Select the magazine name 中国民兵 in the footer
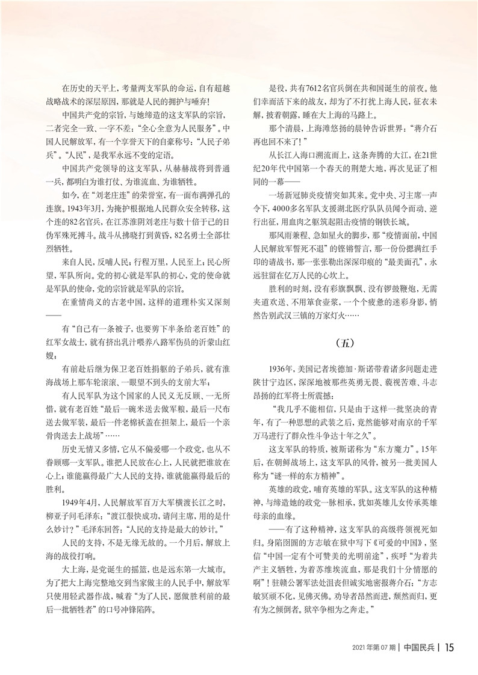tap(421, 647)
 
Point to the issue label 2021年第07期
tap(374, 647)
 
